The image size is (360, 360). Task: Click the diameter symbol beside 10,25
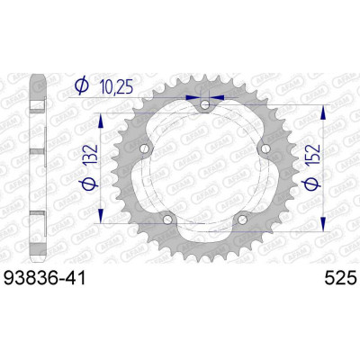(81, 87)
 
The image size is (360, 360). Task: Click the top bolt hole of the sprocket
(206, 106)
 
